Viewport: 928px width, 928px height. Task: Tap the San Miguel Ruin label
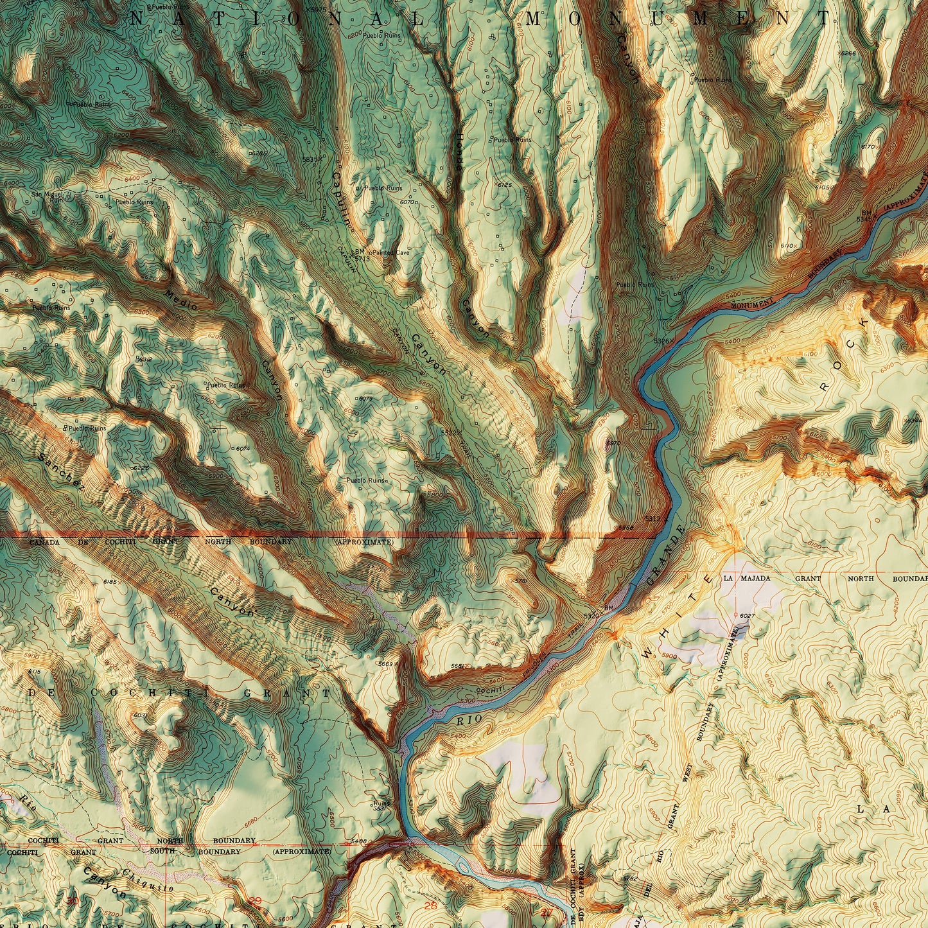pyautogui.click(x=48, y=196)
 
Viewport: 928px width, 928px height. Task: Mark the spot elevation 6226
pyautogui.click(x=140, y=468)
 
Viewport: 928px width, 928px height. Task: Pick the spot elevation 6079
pyautogui.click(x=365, y=399)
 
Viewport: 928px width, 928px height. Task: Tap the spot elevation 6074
pyautogui.click(x=242, y=448)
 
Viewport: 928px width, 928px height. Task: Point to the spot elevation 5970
pyautogui.click(x=613, y=443)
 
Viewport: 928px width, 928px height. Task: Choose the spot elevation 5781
pyautogui.click(x=521, y=581)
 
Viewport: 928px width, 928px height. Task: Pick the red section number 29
pyautogui.click(x=256, y=901)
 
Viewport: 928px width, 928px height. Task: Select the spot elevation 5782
pyautogui.click(x=629, y=878)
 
